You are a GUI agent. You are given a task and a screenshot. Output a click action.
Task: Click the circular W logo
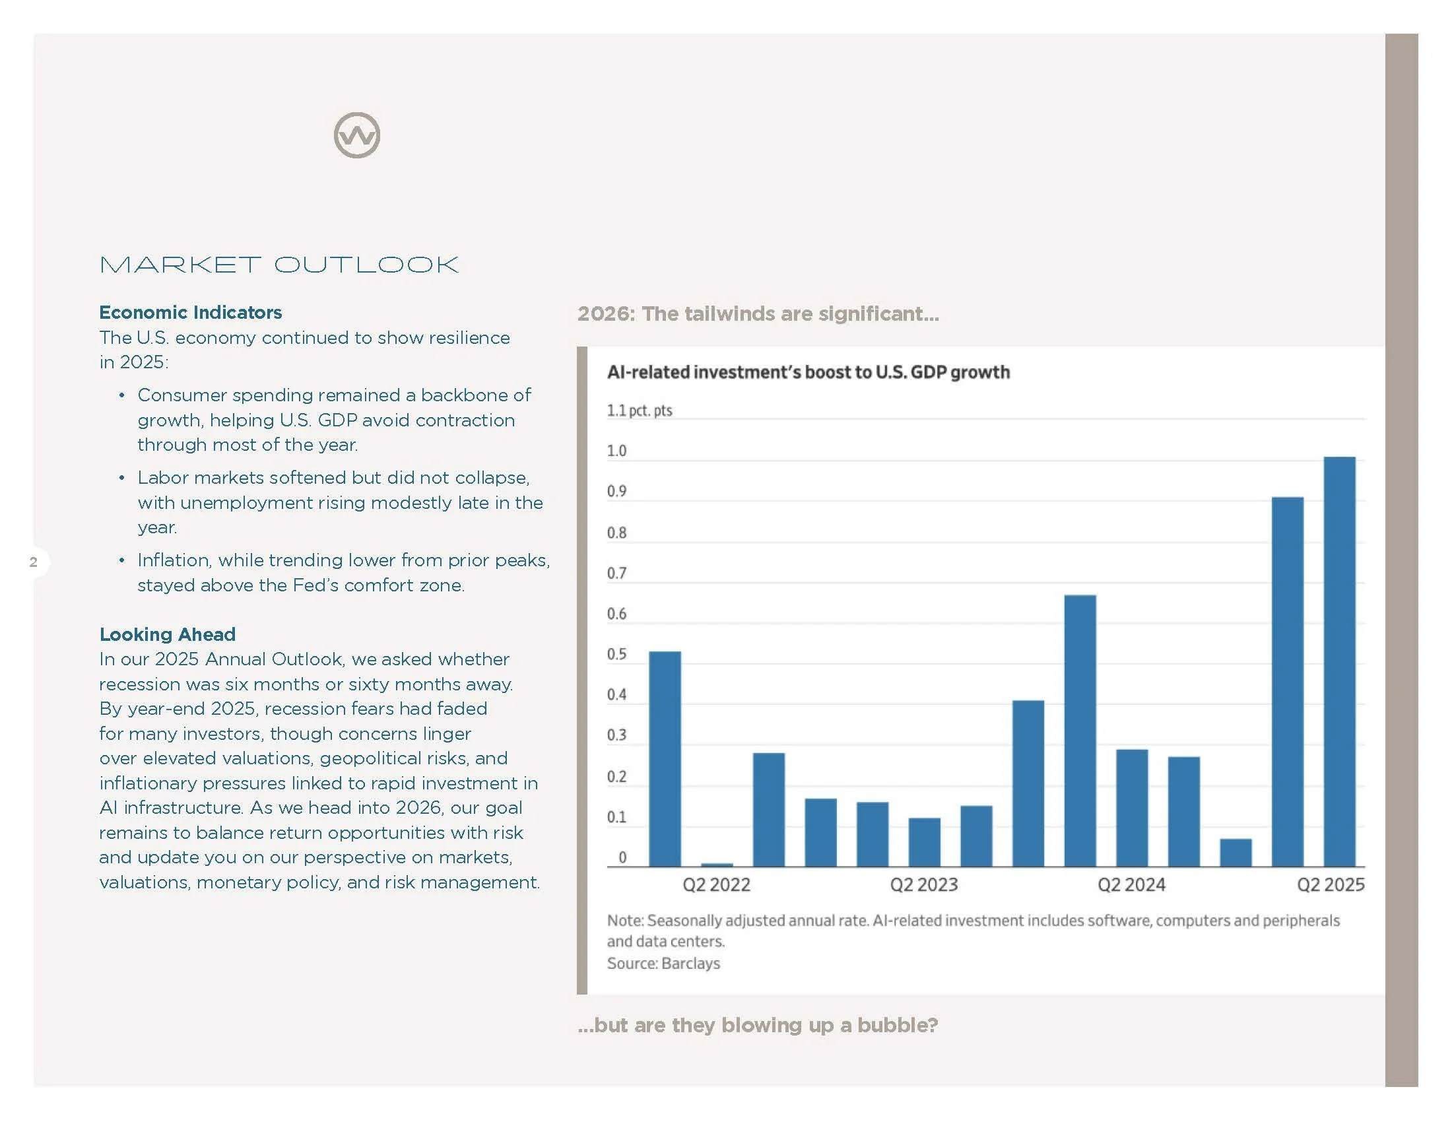357,135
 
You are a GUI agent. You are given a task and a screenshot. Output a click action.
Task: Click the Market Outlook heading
279,265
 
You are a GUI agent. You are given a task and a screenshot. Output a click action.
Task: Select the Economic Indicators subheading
190,312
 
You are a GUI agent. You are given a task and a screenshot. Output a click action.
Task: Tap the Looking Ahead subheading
168,634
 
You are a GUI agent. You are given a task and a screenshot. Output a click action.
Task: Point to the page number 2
33,562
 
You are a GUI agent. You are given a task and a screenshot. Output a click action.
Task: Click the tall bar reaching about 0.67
1080,731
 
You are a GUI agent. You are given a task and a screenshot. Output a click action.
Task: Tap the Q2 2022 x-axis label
716,884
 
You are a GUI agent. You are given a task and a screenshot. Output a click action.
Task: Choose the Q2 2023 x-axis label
923,884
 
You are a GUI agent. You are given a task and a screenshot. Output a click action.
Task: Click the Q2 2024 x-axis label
1131,884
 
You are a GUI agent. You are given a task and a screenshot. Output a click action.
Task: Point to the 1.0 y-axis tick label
616,451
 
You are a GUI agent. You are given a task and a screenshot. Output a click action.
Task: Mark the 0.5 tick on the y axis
616,654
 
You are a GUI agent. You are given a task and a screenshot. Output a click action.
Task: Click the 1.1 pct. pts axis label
639,410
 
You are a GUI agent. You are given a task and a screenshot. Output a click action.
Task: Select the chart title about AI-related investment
808,372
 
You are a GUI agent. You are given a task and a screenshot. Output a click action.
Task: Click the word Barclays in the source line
691,963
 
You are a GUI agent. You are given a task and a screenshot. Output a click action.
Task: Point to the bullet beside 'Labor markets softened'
121,478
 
